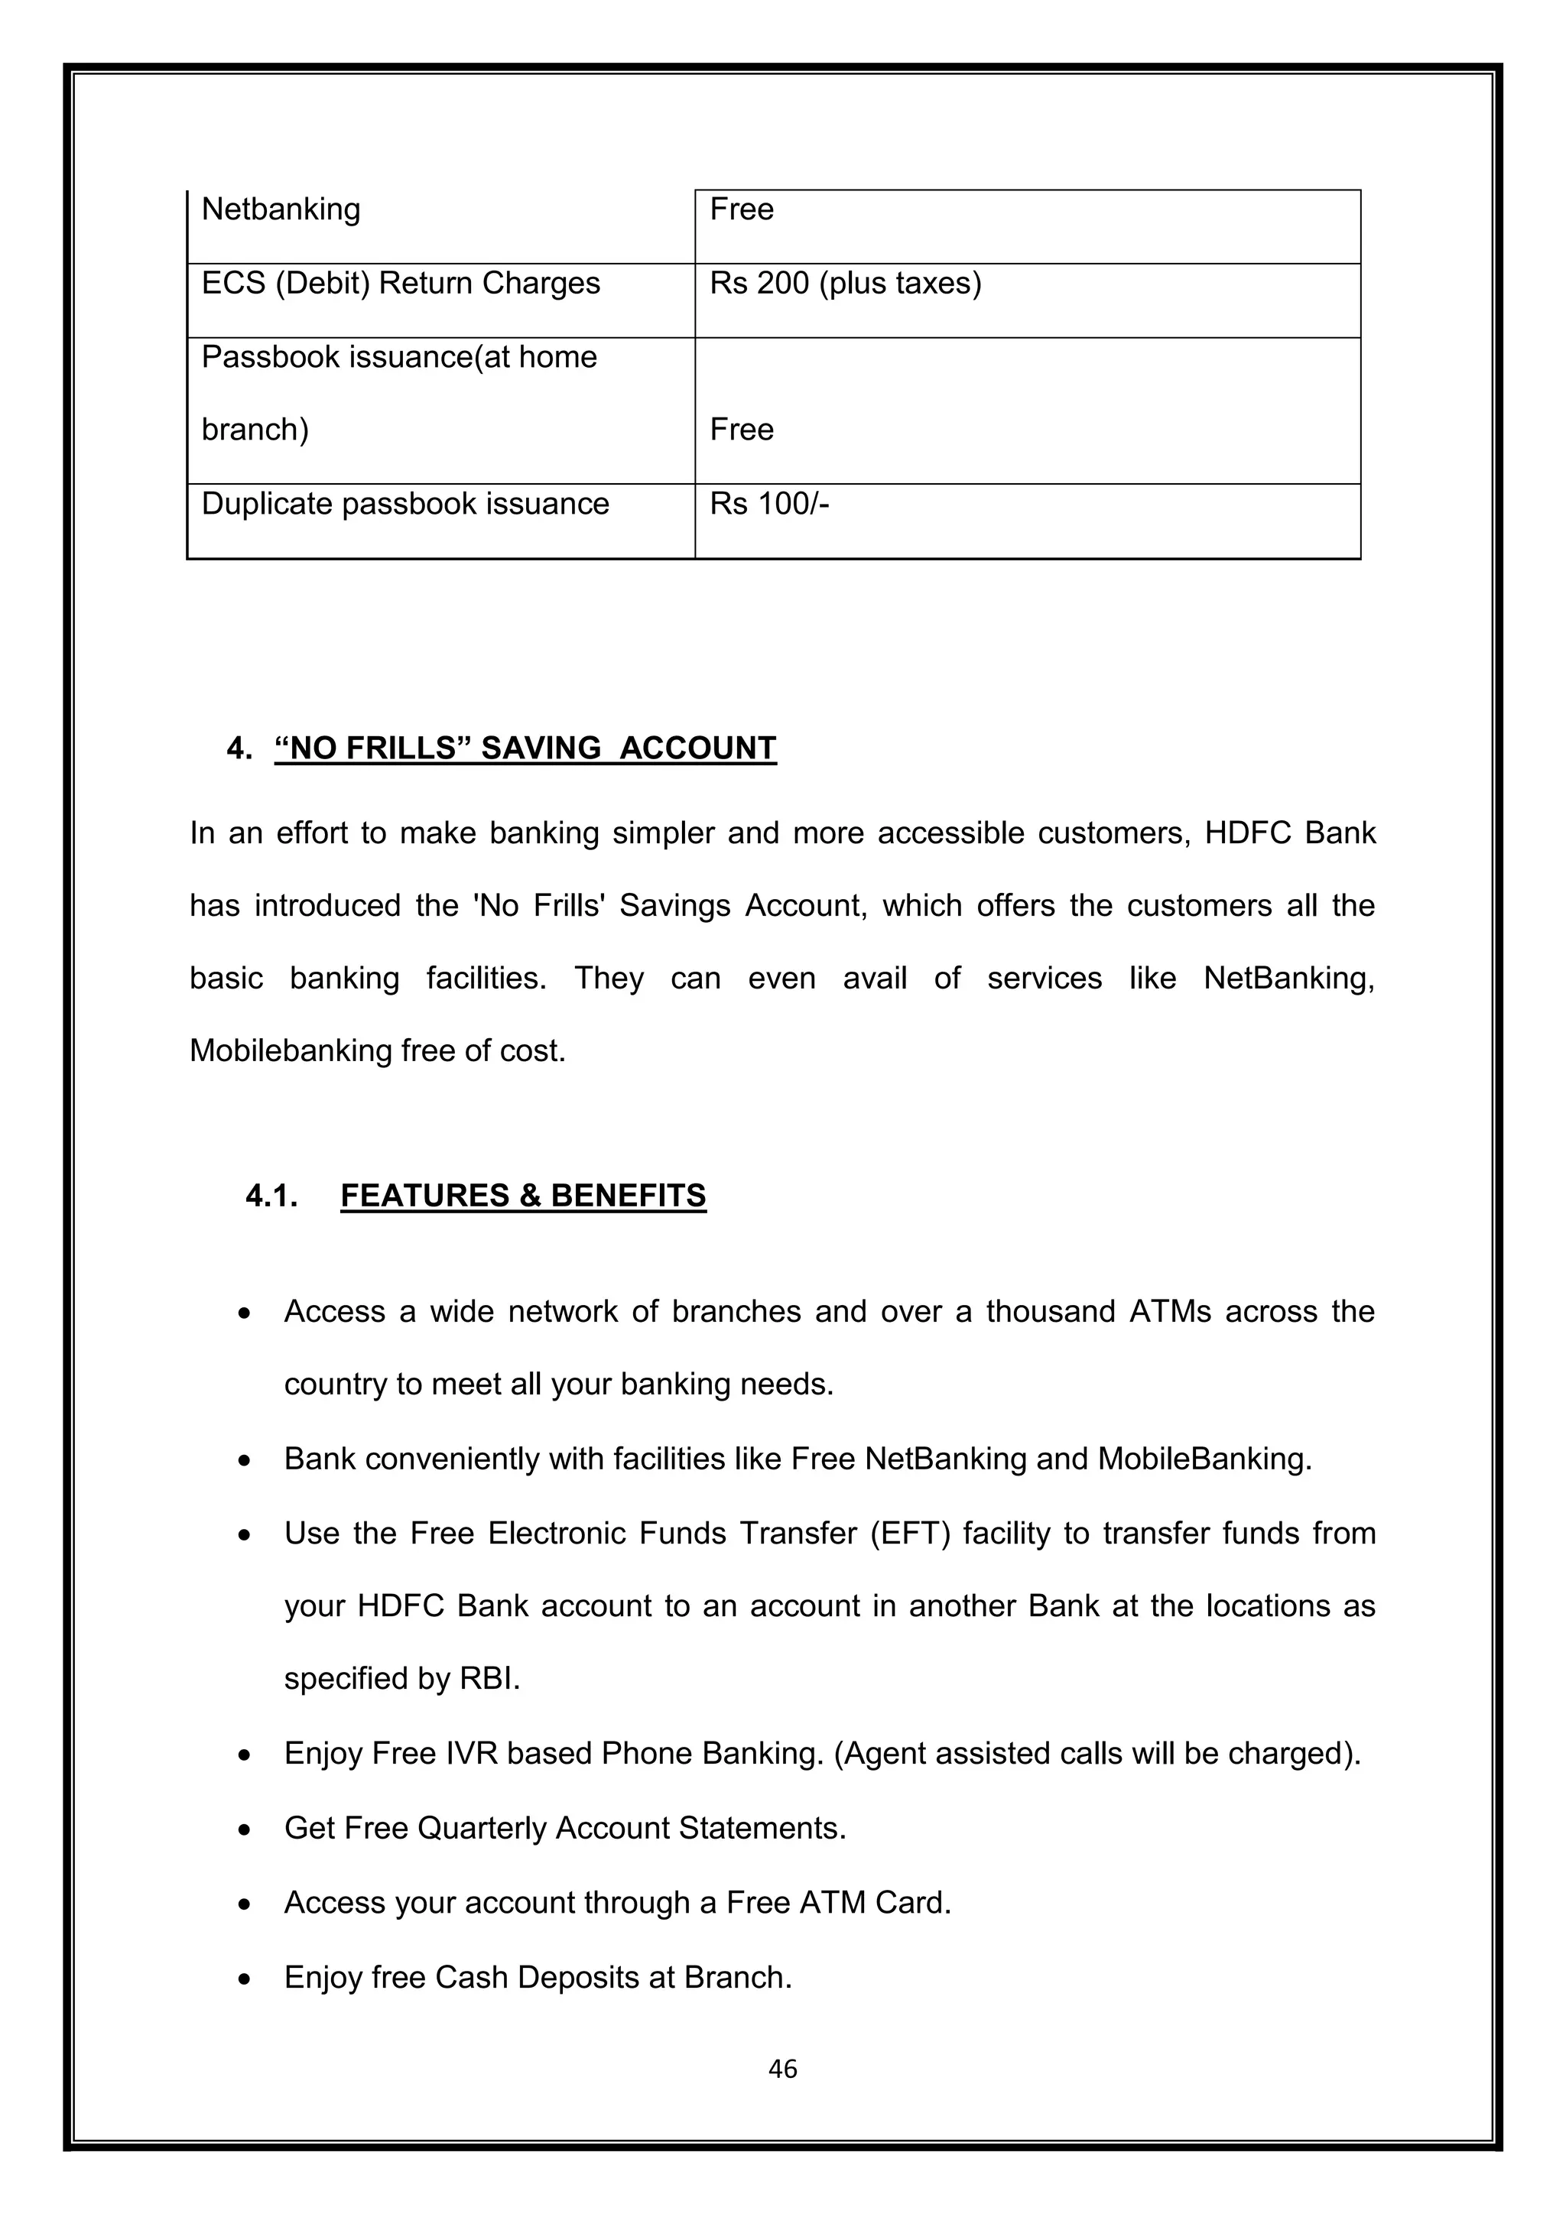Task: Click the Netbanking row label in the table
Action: tap(281, 209)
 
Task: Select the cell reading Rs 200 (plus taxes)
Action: tap(845, 284)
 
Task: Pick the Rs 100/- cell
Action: tap(768, 505)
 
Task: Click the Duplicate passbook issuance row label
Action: tap(405, 505)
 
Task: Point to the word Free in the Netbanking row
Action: tap(741, 209)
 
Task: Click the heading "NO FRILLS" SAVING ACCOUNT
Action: tap(525, 748)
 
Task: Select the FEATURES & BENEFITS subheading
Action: tap(523, 1196)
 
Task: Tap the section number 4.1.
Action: tap(271, 1196)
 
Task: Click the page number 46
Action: tap(782, 2069)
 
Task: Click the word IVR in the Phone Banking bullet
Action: tap(472, 1753)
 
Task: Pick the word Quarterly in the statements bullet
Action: tap(482, 1828)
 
